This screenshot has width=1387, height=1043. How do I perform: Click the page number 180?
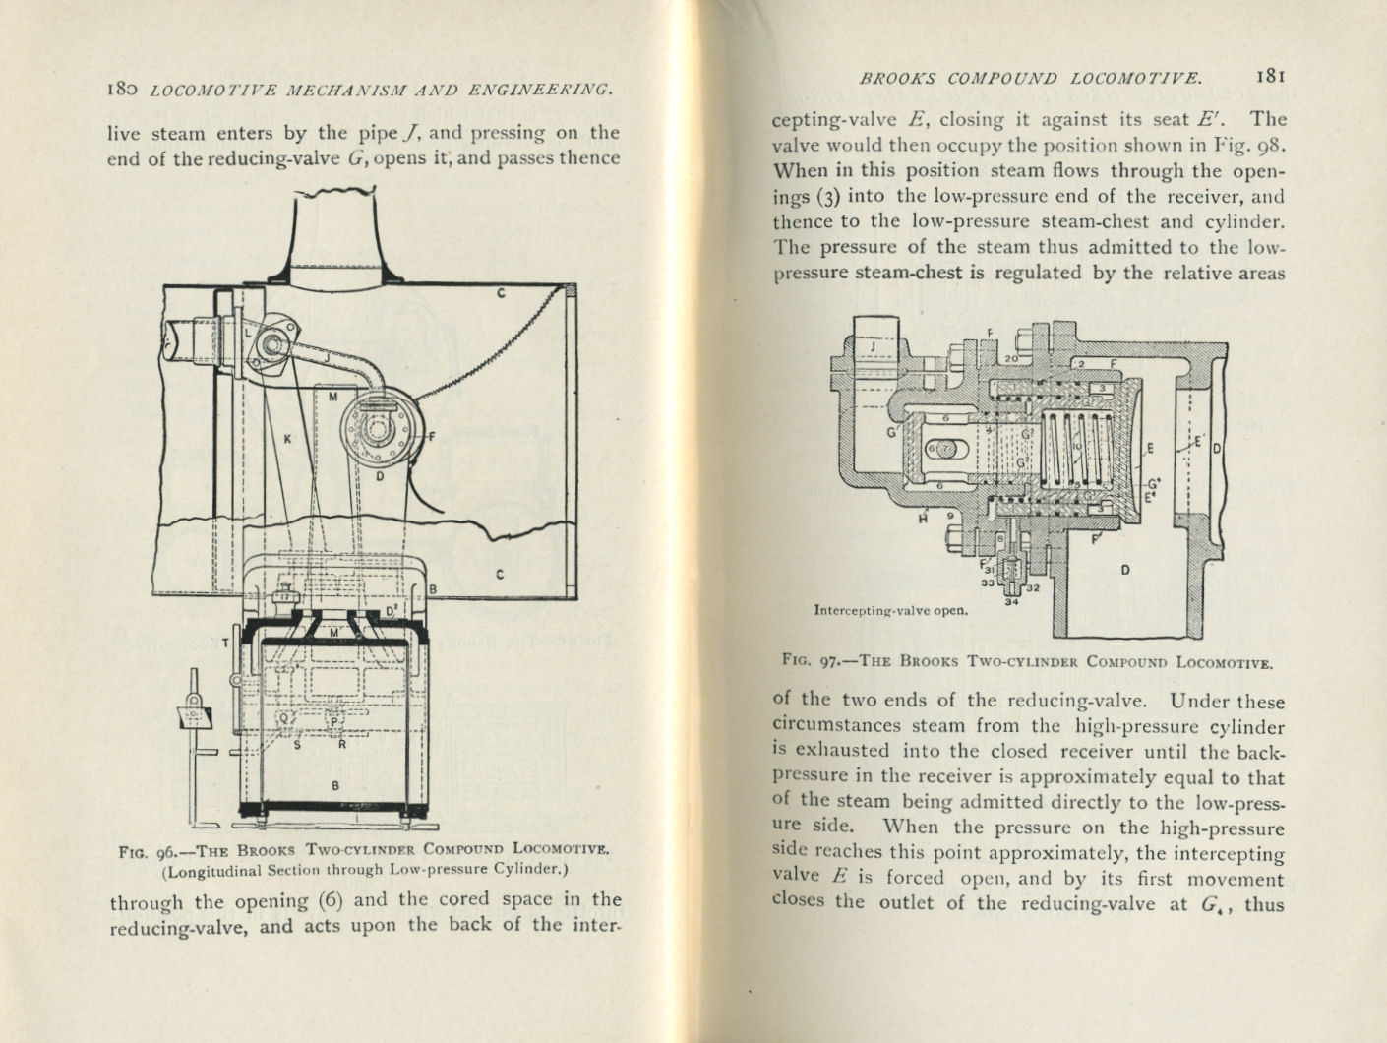click(x=125, y=90)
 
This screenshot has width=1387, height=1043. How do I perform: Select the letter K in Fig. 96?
click(x=287, y=440)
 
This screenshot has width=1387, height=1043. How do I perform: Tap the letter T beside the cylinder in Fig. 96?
click(x=225, y=642)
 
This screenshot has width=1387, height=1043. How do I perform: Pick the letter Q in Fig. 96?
click(x=286, y=719)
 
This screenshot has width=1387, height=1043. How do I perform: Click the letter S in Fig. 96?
click(x=297, y=745)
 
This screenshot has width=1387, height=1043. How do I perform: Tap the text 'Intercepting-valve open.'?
click(x=890, y=609)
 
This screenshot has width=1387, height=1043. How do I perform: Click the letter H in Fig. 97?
click(x=922, y=517)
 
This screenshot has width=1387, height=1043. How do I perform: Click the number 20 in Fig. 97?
click(x=1010, y=359)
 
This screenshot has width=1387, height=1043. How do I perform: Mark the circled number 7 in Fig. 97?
click(x=943, y=449)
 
